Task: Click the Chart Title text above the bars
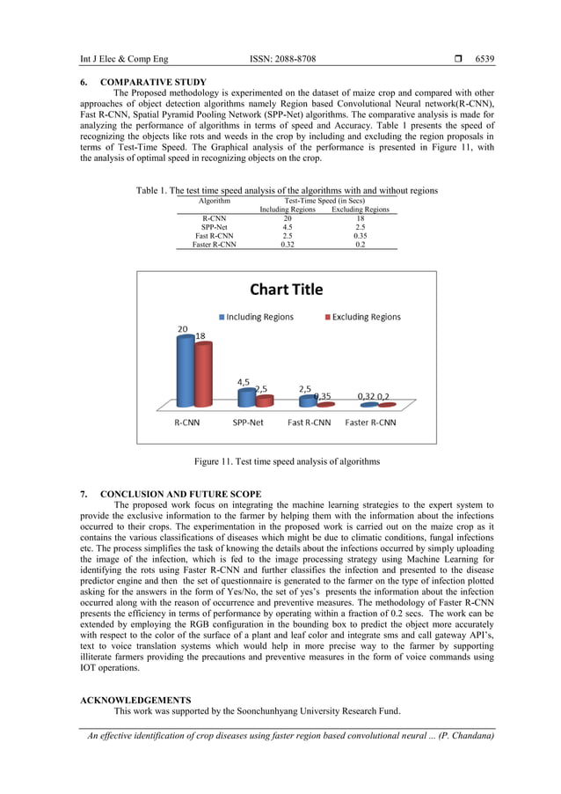coord(286,290)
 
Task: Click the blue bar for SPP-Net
coord(246,398)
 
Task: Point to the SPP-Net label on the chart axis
coord(247,423)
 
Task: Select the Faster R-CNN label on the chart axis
coord(370,423)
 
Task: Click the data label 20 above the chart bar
coord(182,329)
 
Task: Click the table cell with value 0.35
coord(360,236)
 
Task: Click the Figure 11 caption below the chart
coord(287,462)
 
